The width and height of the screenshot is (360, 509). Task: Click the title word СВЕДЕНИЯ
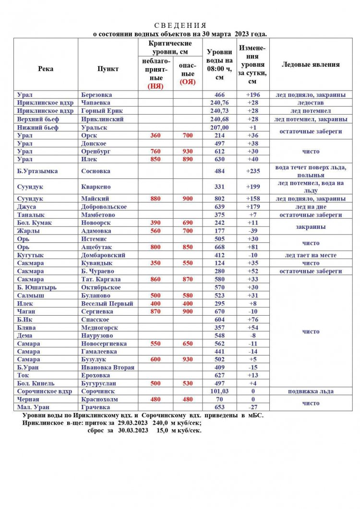tap(180, 25)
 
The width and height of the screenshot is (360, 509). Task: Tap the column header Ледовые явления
tap(311, 65)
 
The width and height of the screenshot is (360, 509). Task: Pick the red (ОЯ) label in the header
tap(188, 82)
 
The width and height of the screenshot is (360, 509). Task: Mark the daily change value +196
tap(252, 95)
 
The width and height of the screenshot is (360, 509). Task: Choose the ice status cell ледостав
tap(311, 103)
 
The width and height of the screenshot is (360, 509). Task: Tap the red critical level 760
tap(156, 152)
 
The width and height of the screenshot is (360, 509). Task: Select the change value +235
tap(252, 171)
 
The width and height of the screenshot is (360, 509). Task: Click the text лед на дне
tap(311, 207)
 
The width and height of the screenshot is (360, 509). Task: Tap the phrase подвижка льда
tap(311, 391)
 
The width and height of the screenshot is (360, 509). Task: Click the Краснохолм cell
tap(100, 399)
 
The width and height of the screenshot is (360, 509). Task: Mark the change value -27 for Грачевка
tap(252, 407)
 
